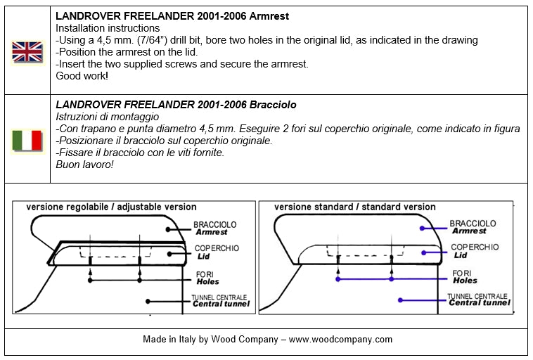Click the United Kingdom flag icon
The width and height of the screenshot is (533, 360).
(x=27, y=51)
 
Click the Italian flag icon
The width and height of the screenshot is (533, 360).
(x=27, y=140)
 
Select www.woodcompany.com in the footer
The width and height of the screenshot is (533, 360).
(x=340, y=339)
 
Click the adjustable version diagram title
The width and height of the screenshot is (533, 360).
(x=111, y=207)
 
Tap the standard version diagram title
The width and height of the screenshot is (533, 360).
(x=354, y=207)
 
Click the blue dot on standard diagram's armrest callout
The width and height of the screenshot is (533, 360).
(x=422, y=227)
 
